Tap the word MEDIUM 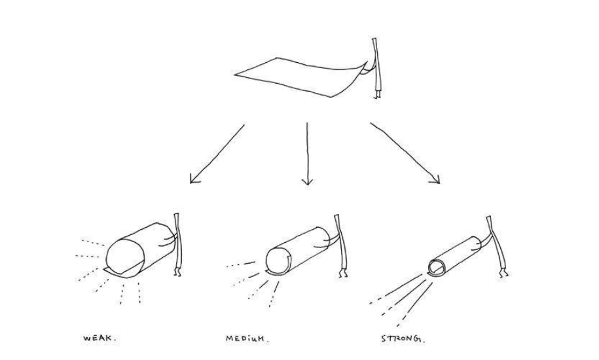(247, 338)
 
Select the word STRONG (403, 338)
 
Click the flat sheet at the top (298, 77)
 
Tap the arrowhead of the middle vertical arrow (307, 181)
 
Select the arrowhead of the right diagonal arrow (435, 179)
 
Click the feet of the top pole (378, 95)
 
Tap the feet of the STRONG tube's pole (505, 274)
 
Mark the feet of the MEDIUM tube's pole (343, 274)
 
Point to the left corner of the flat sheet (234, 75)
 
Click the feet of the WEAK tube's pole (177, 272)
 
